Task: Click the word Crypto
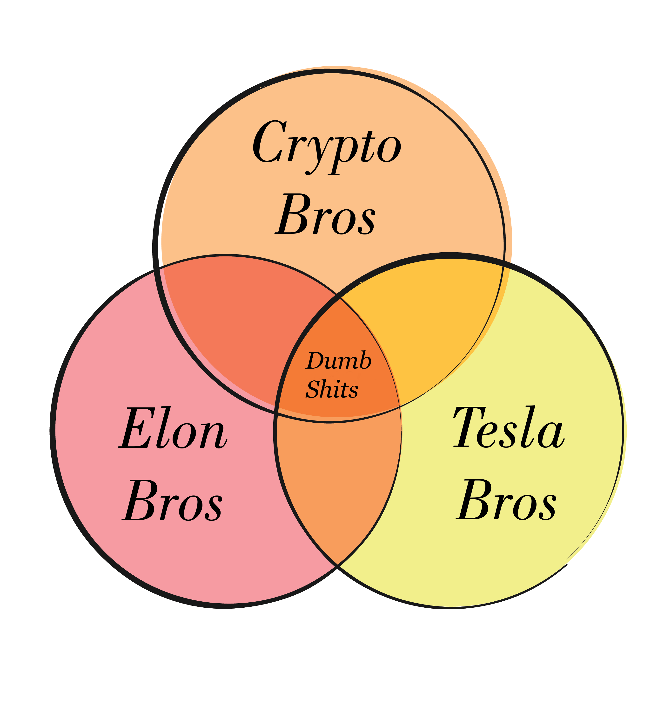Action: (x=327, y=145)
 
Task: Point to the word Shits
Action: (x=332, y=389)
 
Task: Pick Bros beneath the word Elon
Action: (x=172, y=501)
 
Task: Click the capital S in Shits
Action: (x=313, y=390)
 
